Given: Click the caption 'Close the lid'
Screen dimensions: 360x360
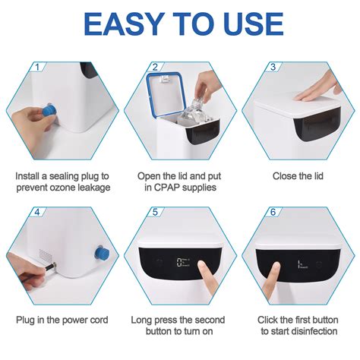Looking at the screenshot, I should (x=298, y=175).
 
